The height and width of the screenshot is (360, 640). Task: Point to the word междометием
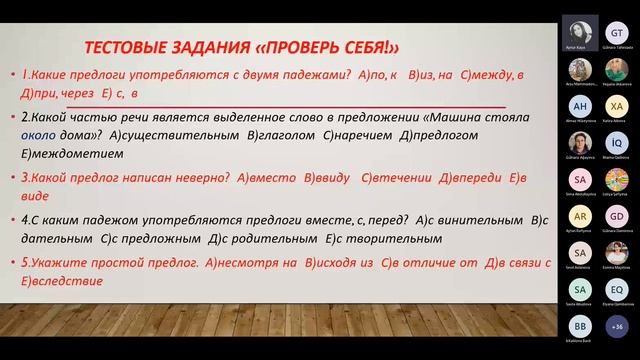click(x=72, y=154)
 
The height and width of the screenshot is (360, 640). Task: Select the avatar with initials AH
click(x=579, y=107)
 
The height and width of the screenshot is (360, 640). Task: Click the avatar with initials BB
click(x=579, y=327)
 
